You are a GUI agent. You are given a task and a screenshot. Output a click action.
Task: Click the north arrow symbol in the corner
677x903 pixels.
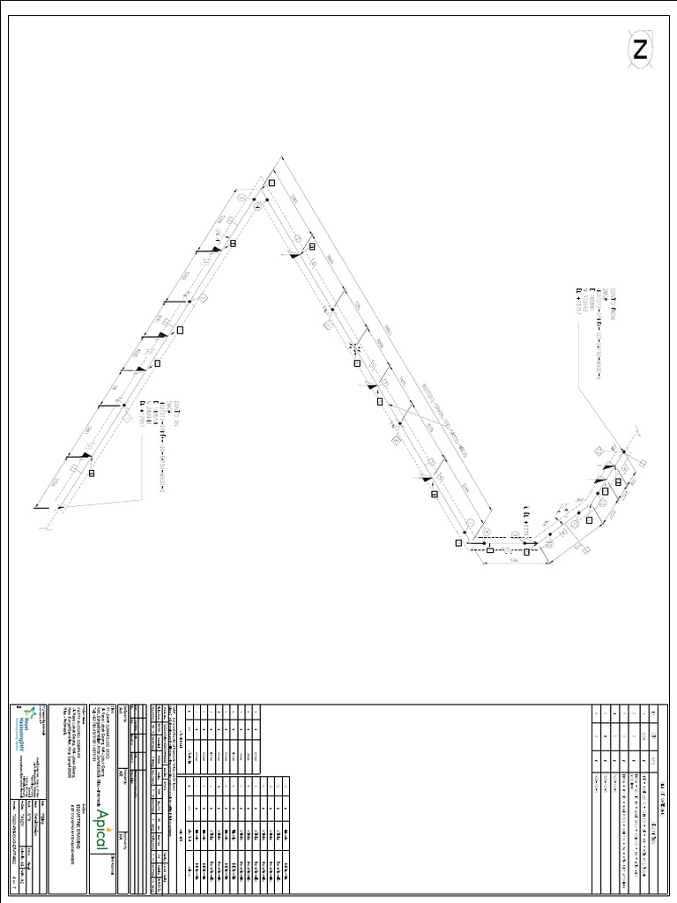641,49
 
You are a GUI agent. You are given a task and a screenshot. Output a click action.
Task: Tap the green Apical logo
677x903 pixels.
103,829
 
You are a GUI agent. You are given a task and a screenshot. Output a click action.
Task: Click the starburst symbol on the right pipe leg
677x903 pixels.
355,347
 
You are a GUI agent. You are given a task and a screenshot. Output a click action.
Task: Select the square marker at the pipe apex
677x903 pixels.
272,182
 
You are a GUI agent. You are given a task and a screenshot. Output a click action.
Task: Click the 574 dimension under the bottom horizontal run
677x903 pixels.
511,561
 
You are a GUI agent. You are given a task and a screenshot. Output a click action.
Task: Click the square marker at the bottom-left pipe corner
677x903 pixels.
458,542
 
